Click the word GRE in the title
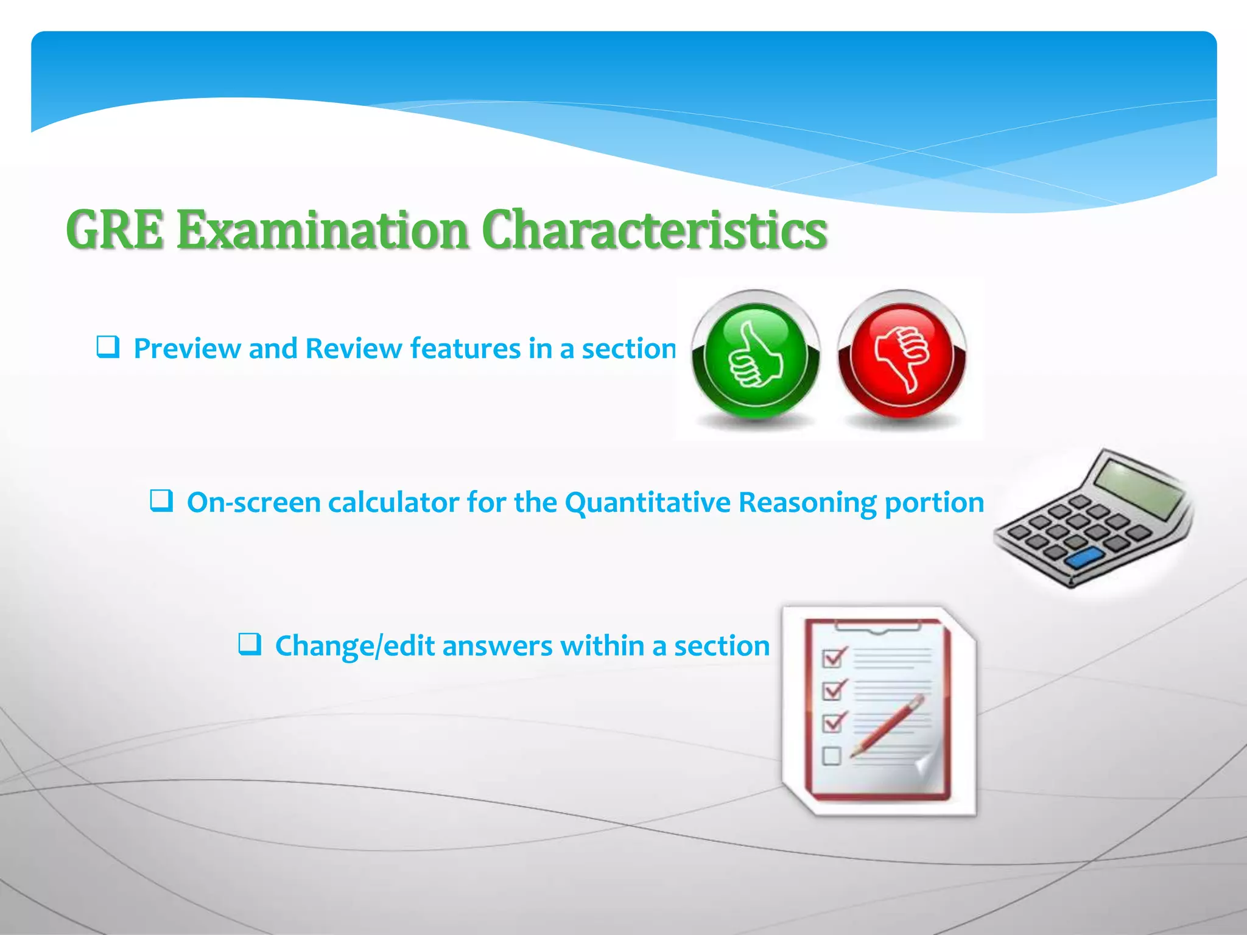point(115,230)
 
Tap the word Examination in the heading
point(322,230)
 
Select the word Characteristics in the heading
point(655,230)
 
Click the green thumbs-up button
point(755,356)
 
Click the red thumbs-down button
point(902,356)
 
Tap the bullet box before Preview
point(108,348)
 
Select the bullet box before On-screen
point(161,502)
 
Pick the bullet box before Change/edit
point(250,645)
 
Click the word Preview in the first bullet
point(186,349)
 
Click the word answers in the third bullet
point(497,646)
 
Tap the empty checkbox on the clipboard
point(831,756)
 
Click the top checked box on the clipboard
point(832,658)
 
